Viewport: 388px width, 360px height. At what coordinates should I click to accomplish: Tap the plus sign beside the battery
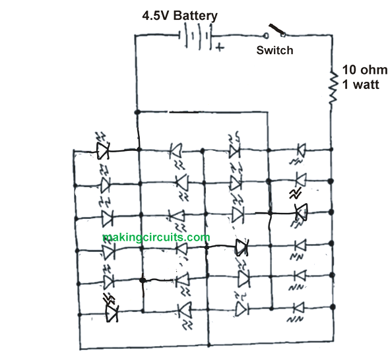coord(220,47)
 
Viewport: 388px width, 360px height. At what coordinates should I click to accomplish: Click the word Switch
coord(275,50)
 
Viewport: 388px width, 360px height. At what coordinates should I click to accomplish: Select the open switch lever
coord(276,29)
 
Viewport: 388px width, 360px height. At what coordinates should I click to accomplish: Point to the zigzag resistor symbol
coord(333,88)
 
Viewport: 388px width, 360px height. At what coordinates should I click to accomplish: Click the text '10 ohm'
coord(365,70)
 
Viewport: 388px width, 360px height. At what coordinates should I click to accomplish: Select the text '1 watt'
coord(360,84)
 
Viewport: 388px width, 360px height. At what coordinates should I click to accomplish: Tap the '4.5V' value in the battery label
coord(156,16)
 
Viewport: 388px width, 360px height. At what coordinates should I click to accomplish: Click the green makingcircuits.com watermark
coord(156,237)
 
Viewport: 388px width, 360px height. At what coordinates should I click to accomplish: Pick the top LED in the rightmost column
coord(301,150)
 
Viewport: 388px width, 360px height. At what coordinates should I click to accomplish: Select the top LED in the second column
coord(176,150)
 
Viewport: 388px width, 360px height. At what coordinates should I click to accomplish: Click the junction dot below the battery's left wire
coord(137,112)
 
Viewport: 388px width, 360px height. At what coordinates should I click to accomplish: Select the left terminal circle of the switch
coord(266,36)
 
